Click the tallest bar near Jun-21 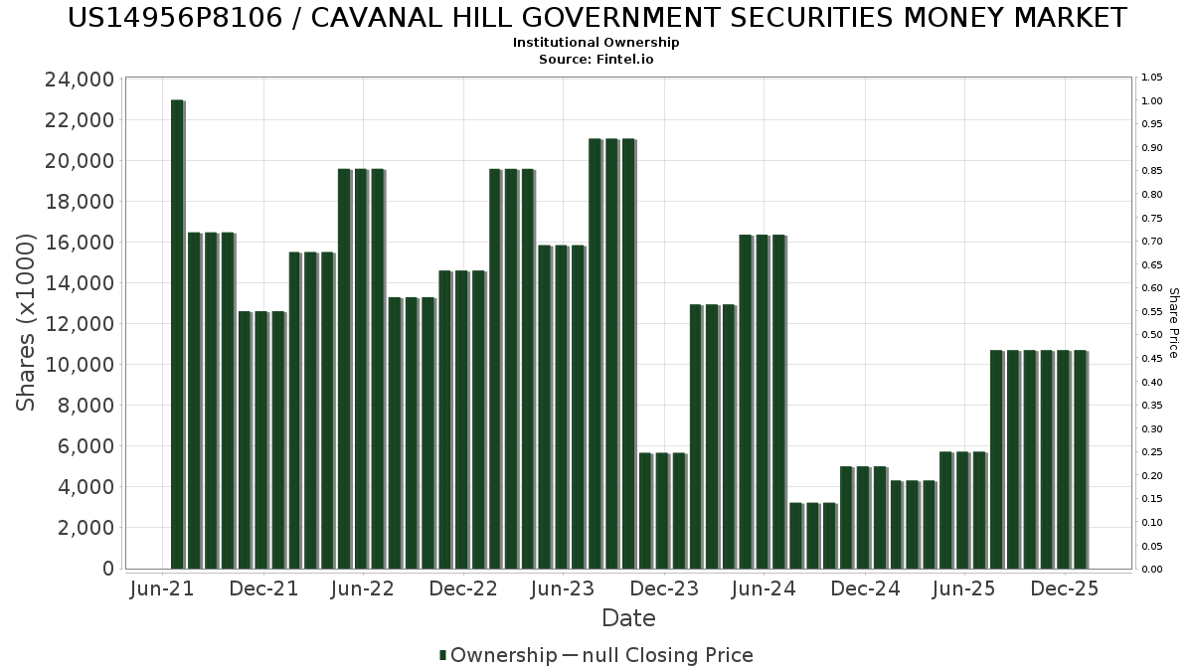177,334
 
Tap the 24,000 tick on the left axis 80,80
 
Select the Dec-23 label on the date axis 664,588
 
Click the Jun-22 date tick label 362,588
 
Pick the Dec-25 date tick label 1065,588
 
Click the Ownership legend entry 498,655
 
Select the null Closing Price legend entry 658,655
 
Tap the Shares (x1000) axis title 25,323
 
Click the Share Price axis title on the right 1174,323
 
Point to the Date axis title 628,618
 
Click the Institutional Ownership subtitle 596,43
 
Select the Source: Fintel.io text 596,59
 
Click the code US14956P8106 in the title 175,18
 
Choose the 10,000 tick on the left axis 80,365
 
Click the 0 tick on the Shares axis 108,569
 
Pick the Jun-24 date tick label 764,588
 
